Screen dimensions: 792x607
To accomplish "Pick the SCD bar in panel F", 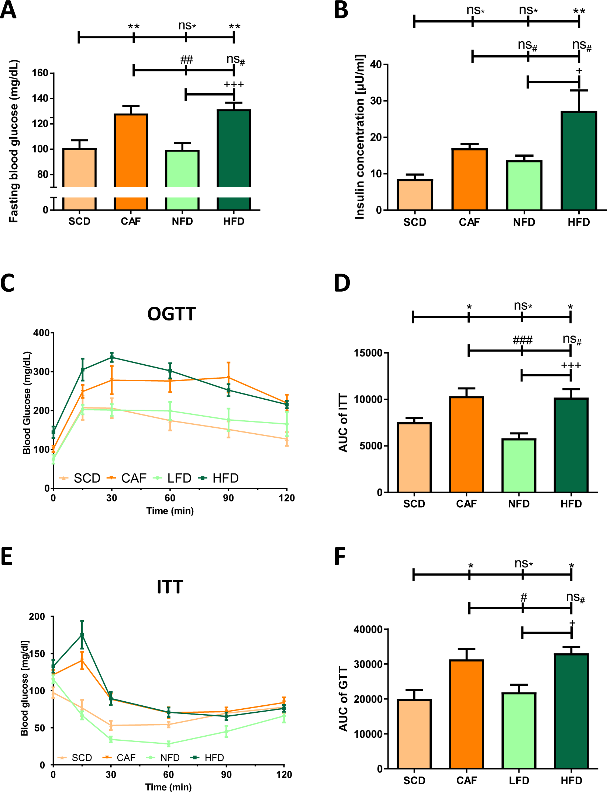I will point(414,734).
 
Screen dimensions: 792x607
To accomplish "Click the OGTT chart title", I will point(171,314).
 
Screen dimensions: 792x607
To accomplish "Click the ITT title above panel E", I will point(170,587).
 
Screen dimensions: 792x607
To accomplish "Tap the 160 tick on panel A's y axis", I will point(40,73).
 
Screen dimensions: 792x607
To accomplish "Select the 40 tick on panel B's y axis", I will point(376,65).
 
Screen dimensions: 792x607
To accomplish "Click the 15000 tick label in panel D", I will point(368,353).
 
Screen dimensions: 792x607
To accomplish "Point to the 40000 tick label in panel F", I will point(368,629).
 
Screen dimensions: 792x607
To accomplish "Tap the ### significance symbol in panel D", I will point(522,340).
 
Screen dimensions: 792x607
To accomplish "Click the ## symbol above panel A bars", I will point(186,60).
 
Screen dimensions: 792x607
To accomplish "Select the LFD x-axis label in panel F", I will point(519,781).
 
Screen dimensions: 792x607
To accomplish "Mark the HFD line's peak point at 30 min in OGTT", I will point(112,357).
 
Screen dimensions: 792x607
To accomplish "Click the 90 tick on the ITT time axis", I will point(226,775).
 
